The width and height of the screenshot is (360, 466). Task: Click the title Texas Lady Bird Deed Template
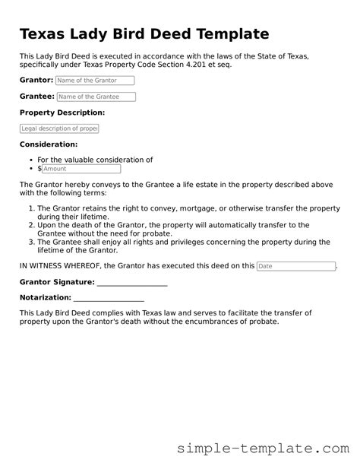tap(144, 34)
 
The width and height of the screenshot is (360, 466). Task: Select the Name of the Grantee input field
tap(96, 97)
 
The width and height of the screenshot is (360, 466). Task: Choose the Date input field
tap(295, 266)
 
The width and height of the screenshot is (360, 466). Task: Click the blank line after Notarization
tap(109, 297)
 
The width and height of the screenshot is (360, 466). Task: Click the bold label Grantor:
tap(36, 80)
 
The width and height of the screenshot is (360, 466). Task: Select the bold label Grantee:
tap(36, 97)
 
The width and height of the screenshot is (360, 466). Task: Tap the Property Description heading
tap(62, 113)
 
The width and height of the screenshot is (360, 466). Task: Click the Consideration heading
tap(49, 144)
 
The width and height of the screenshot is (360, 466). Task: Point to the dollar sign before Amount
tap(39, 169)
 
